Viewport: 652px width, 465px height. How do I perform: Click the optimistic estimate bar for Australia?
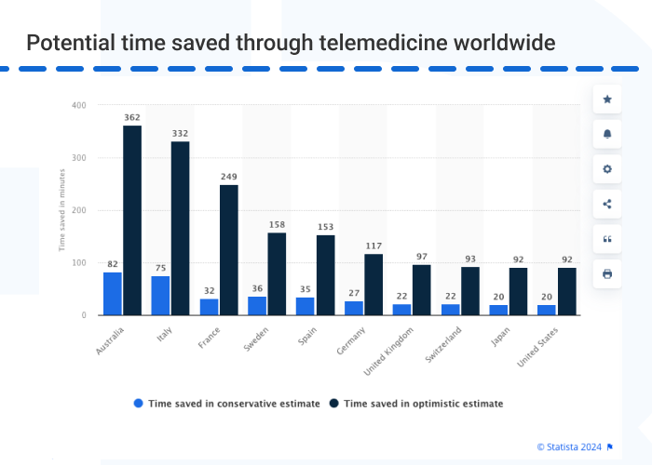point(132,220)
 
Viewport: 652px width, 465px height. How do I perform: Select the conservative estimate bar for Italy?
point(160,296)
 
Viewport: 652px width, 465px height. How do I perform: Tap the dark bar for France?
point(229,250)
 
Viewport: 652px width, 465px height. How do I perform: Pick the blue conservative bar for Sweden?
point(257,306)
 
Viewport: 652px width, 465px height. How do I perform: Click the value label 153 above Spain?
point(325,227)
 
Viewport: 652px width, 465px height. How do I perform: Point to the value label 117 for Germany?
point(374,246)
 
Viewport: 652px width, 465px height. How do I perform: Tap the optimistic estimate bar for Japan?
point(518,292)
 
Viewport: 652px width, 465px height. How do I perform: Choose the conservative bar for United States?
point(547,310)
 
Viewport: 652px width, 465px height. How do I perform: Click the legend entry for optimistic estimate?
point(416,404)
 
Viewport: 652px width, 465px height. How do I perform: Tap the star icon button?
point(607,99)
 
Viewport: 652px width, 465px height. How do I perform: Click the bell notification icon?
point(607,134)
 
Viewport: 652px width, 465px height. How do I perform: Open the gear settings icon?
point(607,169)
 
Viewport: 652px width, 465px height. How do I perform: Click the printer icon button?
point(607,273)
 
